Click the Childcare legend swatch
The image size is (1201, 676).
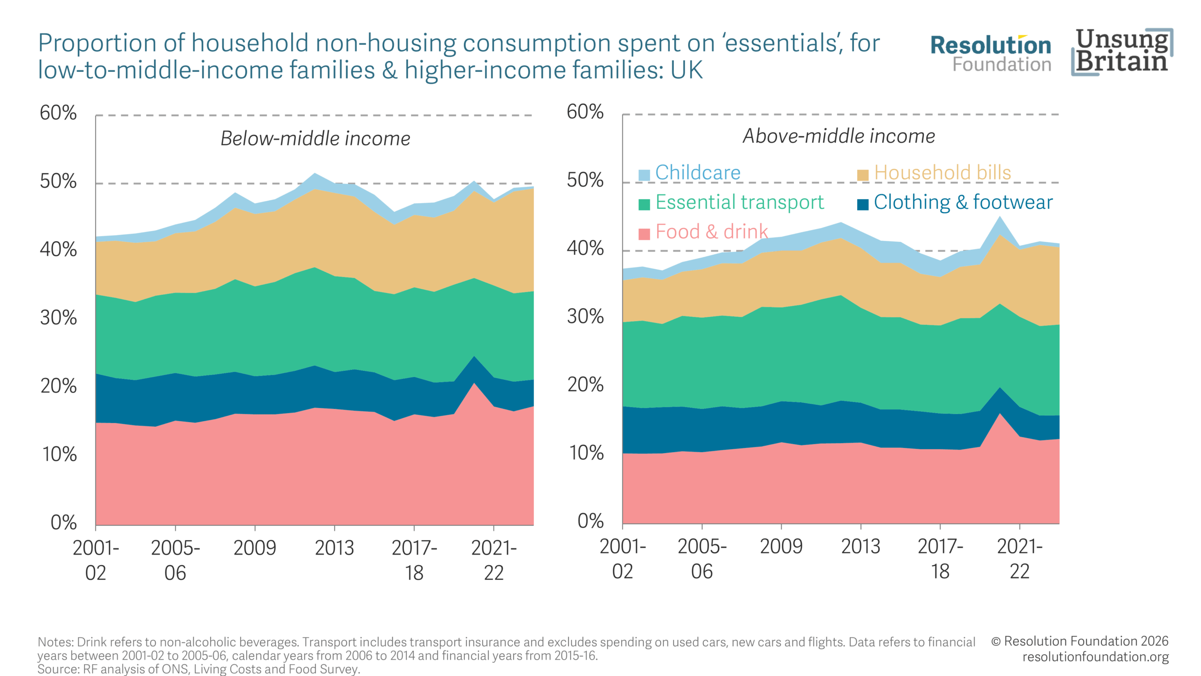tap(644, 175)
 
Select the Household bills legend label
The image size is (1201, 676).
tap(942, 173)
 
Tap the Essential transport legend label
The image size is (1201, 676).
tap(739, 202)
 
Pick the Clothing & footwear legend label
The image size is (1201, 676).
tap(963, 202)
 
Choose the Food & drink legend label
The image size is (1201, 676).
tap(711, 232)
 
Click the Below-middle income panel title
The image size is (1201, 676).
tap(315, 138)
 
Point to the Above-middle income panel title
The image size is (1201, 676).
tap(839, 136)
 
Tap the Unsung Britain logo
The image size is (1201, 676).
tap(1122, 52)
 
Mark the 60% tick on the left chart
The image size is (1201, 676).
tap(58, 113)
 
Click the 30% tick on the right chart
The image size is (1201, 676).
tap(585, 317)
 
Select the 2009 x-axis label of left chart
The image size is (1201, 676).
tap(255, 548)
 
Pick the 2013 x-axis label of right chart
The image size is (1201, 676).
tap(860, 546)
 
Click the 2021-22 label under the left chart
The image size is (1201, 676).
tap(494, 560)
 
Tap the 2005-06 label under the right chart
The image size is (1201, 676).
tap(702, 559)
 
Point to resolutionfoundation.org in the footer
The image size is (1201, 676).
tap(1095, 657)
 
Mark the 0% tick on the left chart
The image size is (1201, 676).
tap(63, 522)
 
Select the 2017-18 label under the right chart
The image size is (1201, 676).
tap(940, 559)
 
